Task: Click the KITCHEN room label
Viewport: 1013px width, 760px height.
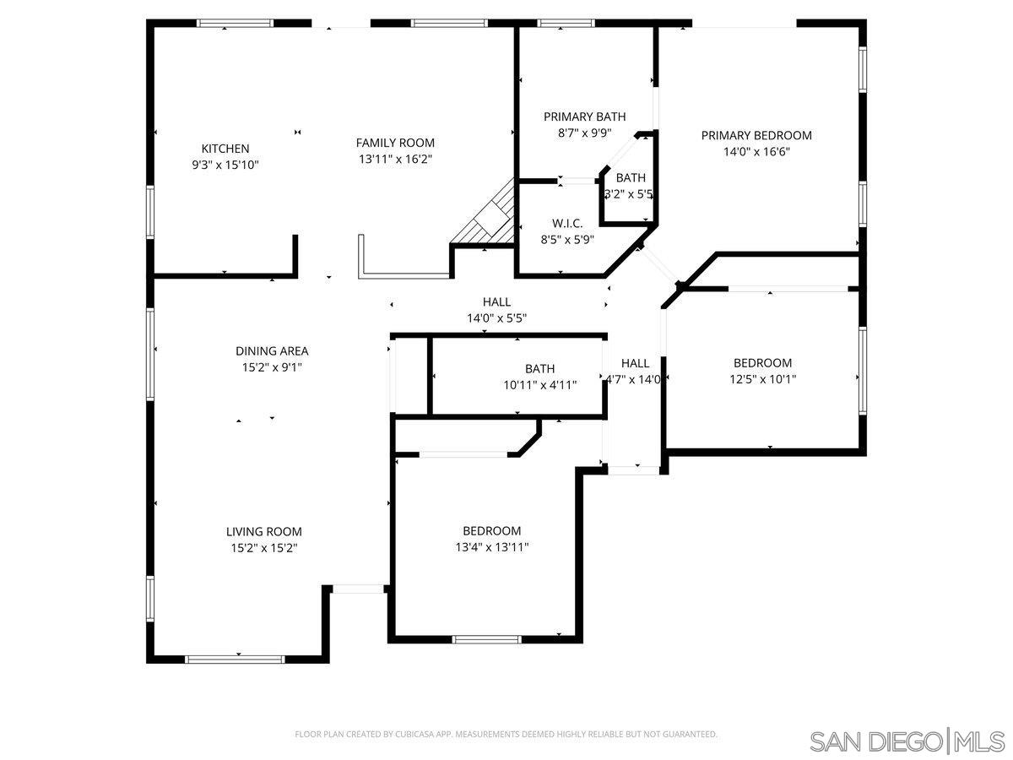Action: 225,149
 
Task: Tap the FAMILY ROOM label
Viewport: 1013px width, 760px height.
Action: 395,143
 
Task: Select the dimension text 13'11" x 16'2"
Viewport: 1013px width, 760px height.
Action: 395,159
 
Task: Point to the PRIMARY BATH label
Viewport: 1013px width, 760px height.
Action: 584,117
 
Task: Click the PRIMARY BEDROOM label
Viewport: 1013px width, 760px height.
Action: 756,135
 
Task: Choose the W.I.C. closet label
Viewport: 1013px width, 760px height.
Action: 567,223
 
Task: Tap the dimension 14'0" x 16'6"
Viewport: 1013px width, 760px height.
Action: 756,152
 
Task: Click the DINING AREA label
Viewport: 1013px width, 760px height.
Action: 271,350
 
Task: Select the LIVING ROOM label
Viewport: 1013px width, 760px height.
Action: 263,531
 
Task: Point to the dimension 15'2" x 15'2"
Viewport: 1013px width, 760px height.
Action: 263,547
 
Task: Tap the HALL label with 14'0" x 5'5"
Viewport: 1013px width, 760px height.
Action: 496,301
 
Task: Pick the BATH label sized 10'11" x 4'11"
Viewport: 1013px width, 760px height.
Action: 539,368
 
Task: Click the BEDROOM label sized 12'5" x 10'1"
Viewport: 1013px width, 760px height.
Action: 762,363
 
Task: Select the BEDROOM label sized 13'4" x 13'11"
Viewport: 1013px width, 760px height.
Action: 491,530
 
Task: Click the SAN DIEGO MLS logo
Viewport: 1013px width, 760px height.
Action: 907,741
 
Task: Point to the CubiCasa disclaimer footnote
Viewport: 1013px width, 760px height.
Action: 506,735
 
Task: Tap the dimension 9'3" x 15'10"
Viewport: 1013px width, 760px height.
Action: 225,166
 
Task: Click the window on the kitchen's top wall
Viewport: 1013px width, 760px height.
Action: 234,24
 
